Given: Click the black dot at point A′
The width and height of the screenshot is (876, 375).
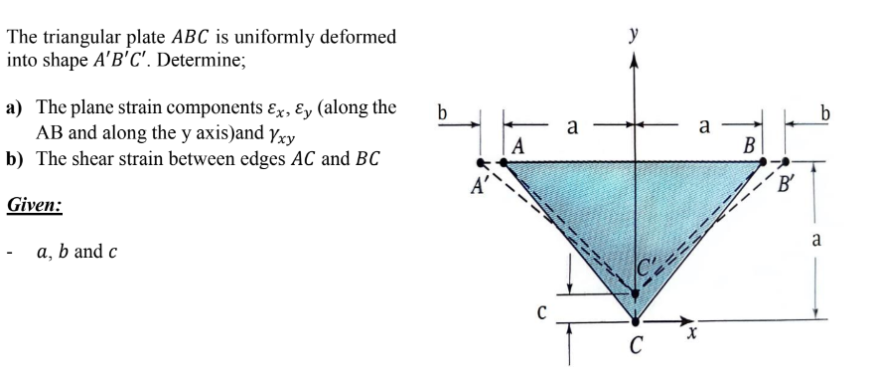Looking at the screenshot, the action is point(483,161).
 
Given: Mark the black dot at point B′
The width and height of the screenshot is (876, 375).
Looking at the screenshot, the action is point(788,161).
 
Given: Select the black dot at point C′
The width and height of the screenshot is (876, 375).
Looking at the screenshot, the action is point(636,293).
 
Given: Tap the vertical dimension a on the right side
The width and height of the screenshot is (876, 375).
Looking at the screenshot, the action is point(817,240).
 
